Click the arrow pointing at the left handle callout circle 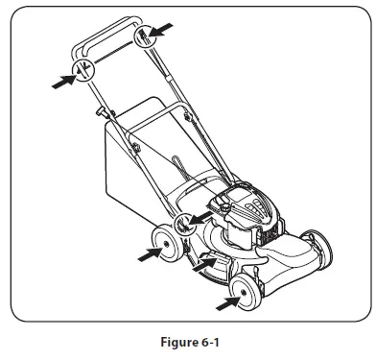[61, 83]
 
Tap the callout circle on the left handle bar [83, 69]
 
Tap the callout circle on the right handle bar [145, 38]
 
